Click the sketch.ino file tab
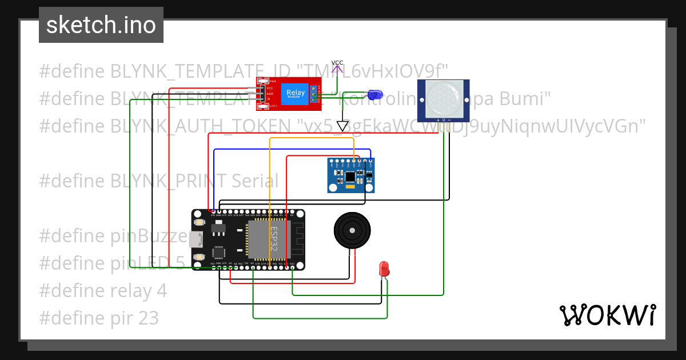(101, 25)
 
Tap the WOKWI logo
(607, 315)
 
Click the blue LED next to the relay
(374, 94)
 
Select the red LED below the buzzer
(384, 268)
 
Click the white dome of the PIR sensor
(443, 98)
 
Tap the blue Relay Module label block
(296, 93)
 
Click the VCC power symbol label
(337, 63)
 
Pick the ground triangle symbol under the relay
(342, 126)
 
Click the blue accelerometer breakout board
(351, 175)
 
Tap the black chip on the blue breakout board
(350, 177)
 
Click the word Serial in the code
(255, 181)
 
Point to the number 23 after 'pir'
(147, 318)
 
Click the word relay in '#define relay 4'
(132, 290)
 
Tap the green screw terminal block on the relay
(313, 94)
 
